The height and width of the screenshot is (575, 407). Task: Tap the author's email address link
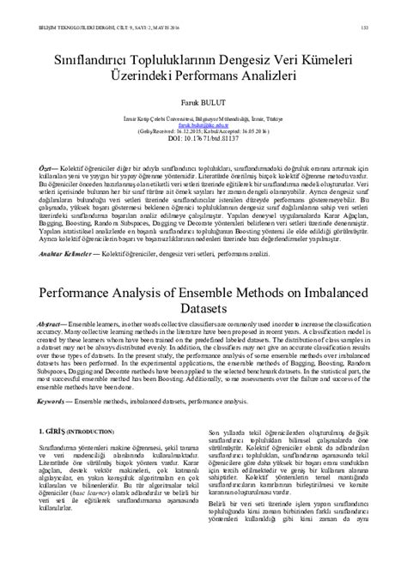(203, 124)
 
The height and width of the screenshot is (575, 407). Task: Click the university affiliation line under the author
(203, 116)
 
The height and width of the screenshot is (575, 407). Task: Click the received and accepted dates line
(203, 130)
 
